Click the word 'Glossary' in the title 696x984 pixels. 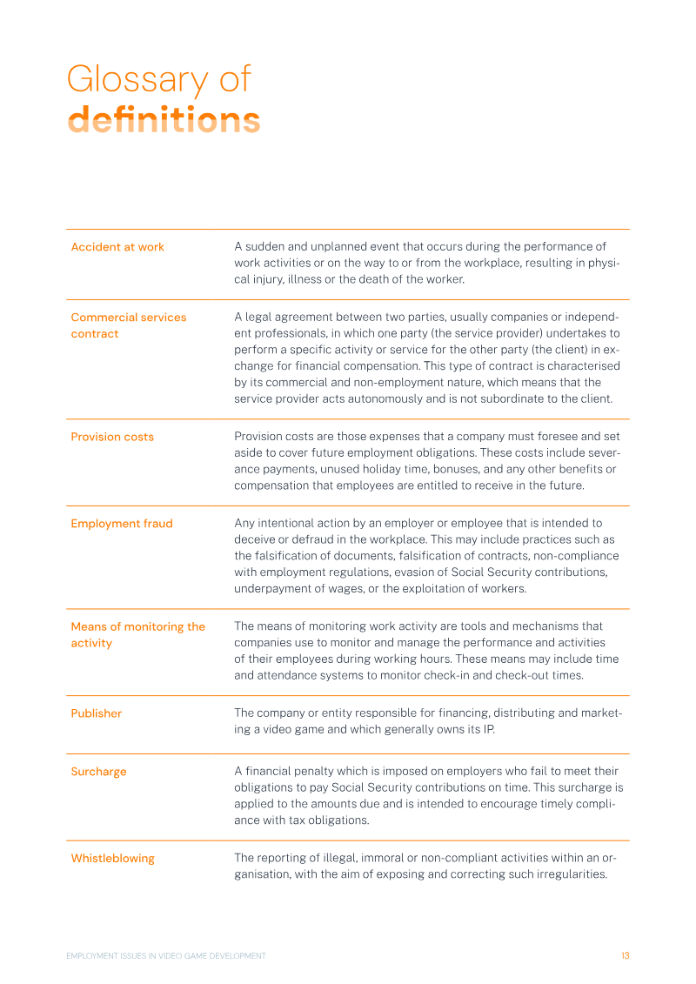[x=137, y=80]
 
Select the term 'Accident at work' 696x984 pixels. [x=117, y=247]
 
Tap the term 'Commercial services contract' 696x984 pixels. [x=128, y=325]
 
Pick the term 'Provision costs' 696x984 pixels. [x=112, y=437]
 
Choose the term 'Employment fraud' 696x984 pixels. [x=122, y=524]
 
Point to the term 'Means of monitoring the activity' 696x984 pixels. [x=137, y=634]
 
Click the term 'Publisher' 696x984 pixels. [x=97, y=713]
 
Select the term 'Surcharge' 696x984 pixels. [x=98, y=772]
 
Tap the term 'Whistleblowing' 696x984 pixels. [x=112, y=859]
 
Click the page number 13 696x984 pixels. [x=625, y=956]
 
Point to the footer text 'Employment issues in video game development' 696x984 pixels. [x=166, y=956]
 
